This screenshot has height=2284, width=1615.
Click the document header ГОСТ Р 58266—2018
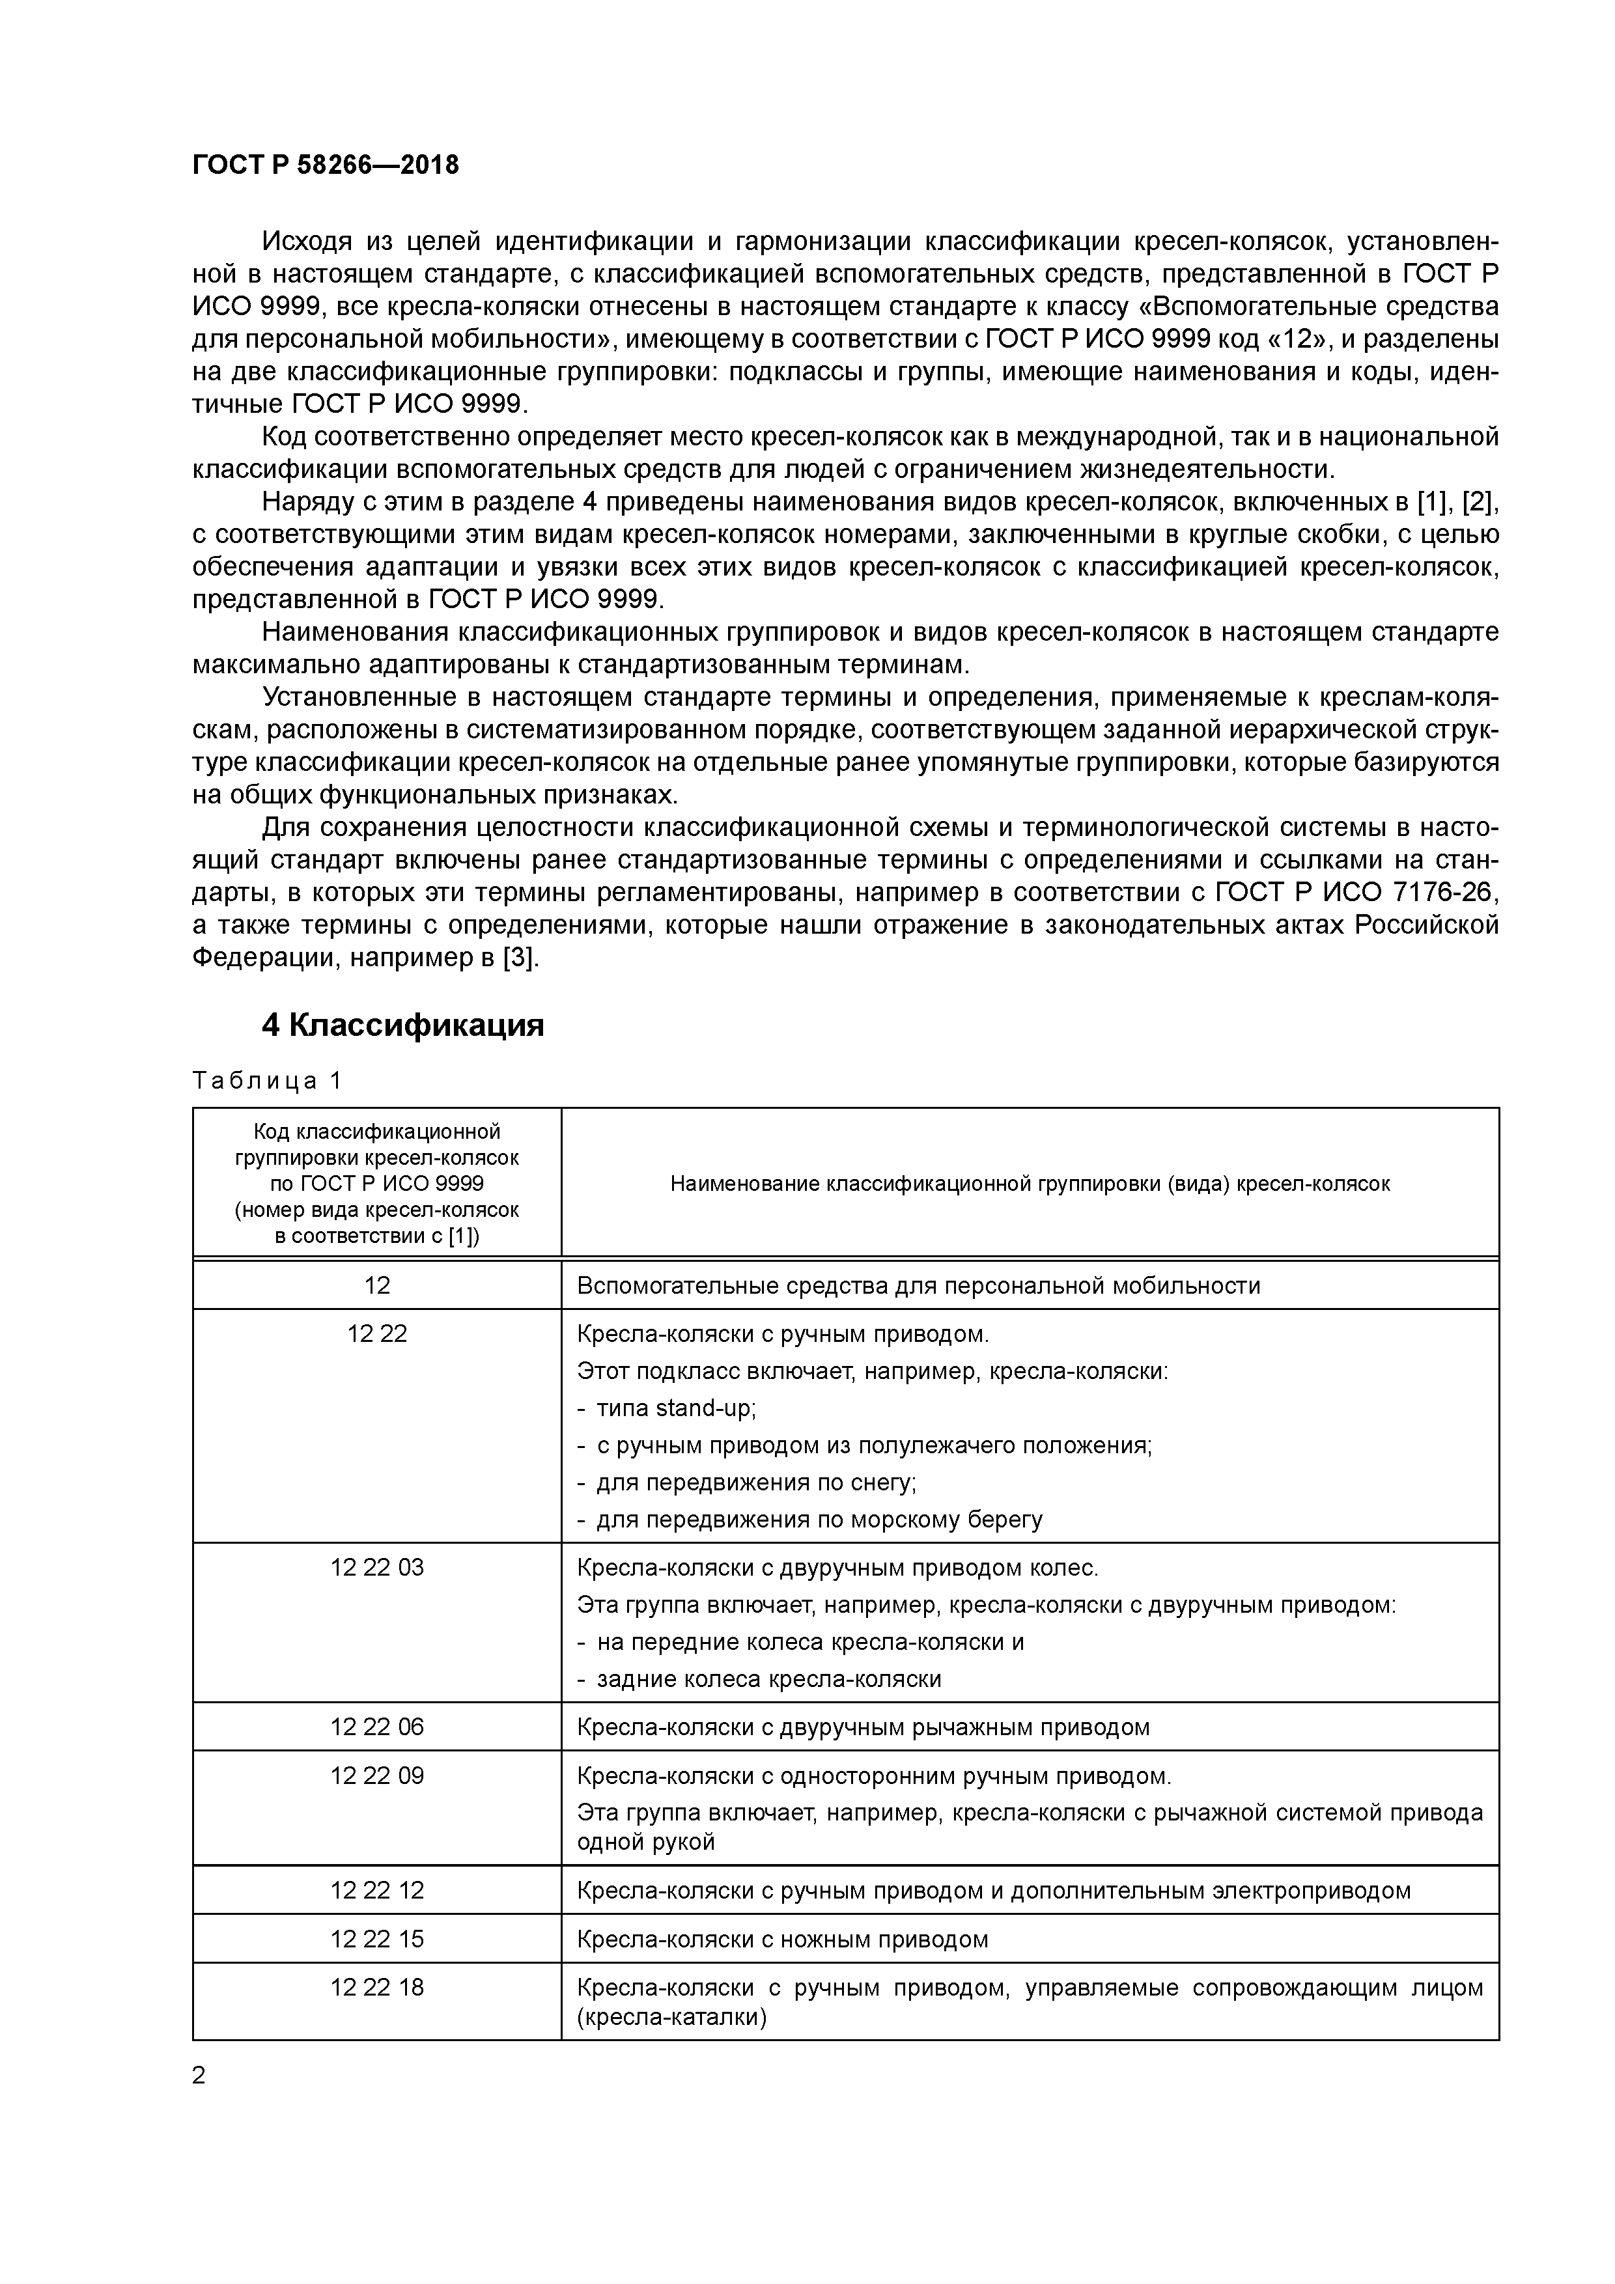coord(326,165)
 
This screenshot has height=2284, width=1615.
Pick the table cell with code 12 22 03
coord(376,1568)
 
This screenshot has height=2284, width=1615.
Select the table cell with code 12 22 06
coord(376,1727)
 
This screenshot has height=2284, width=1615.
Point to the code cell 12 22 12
coord(376,1890)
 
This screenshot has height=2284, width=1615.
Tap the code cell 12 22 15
coord(376,1939)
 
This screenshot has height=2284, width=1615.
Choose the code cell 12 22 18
coord(376,1988)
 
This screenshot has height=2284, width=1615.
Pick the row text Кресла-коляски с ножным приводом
coord(782,1939)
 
